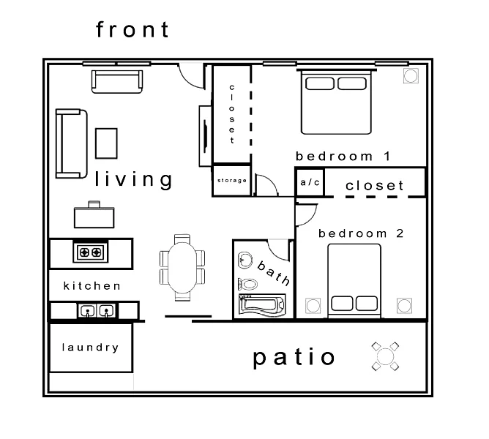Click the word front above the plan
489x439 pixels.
coord(132,29)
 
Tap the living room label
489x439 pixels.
coord(133,179)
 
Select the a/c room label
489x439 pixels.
coord(310,182)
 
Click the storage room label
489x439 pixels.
coord(232,180)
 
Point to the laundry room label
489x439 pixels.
coord(91,348)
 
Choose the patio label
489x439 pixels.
coord(294,358)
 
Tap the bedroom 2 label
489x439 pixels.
coord(361,233)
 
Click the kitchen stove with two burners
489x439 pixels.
coord(91,252)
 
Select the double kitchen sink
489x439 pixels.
coord(97,310)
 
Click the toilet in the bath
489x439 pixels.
coord(248,284)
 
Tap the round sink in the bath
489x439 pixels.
coord(245,260)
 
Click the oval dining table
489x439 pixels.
coord(182,268)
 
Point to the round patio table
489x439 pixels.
coord(386,356)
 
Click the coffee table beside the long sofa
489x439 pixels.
coord(106,143)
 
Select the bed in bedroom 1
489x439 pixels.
coord(336,102)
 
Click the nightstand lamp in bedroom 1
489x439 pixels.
coord(411,76)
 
